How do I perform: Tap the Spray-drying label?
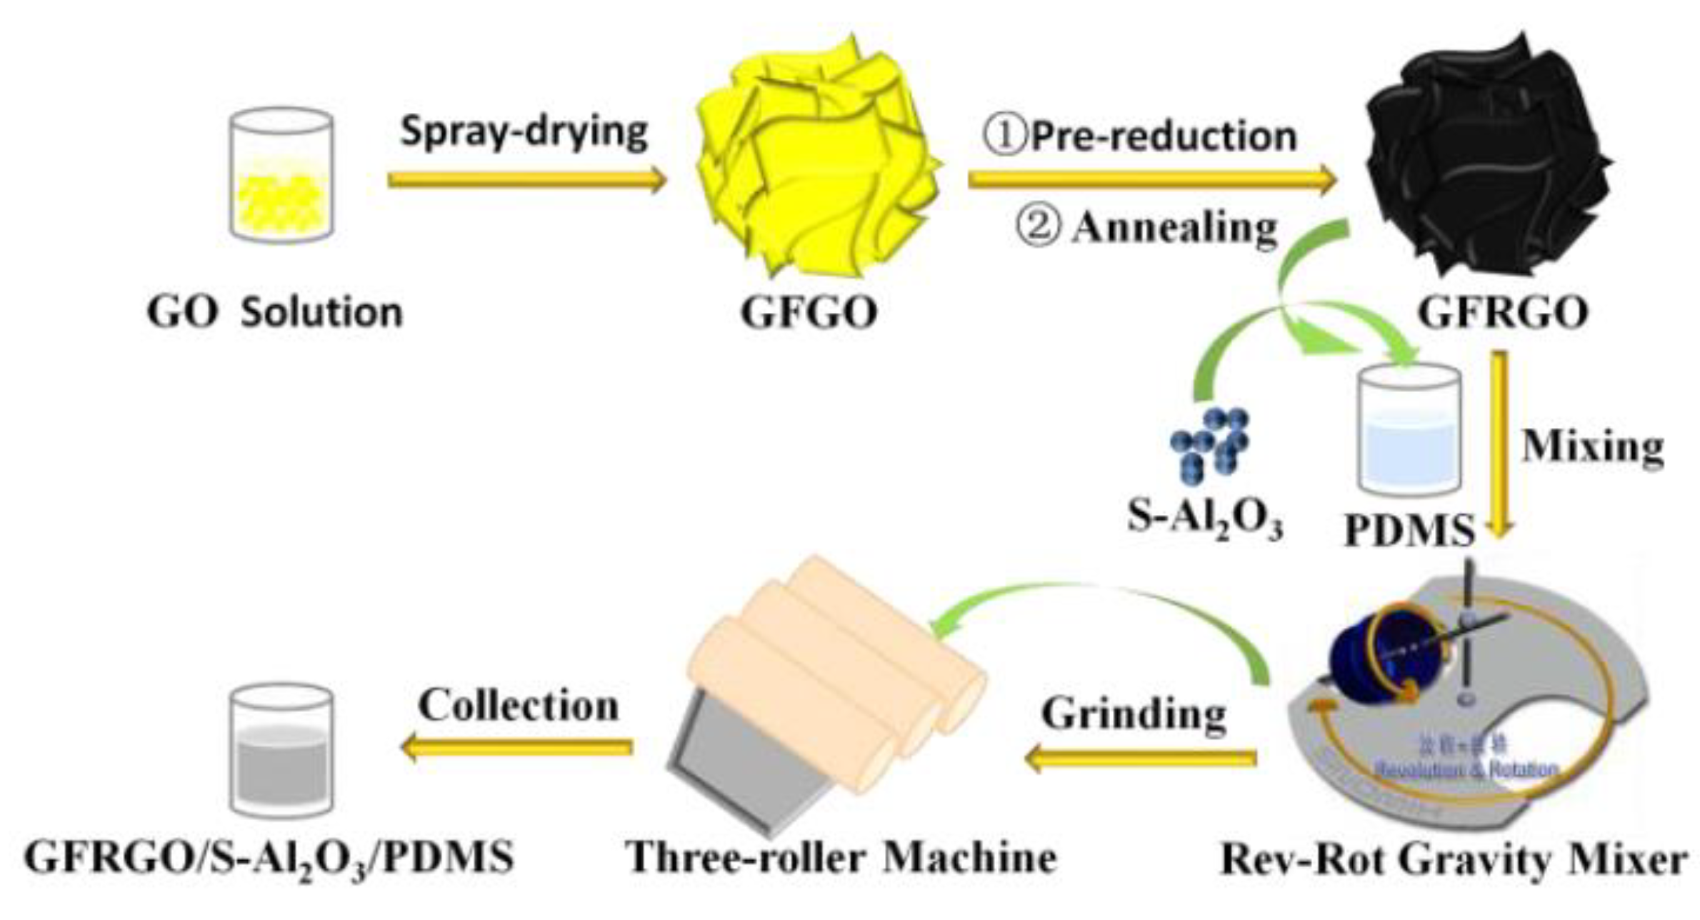[524, 131]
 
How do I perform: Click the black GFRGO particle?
[1486, 154]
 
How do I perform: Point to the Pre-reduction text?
[1162, 136]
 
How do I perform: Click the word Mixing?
[1592, 446]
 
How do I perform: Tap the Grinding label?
[1134, 714]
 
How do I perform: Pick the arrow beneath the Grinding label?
[1141, 757]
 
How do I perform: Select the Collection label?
[519, 706]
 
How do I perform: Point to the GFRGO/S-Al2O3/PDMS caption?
[269, 858]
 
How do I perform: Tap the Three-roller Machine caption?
[841, 858]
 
